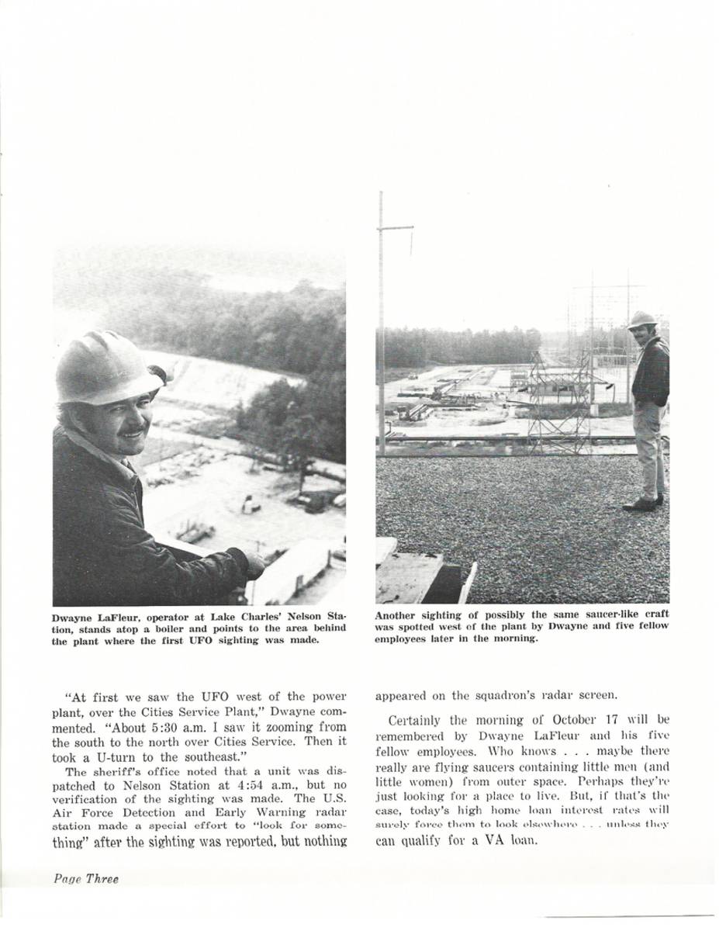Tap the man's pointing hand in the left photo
click(x=253, y=564)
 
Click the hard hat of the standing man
click(x=642, y=320)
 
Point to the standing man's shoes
click(x=643, y=504)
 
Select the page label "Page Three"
click(x=86, y=879)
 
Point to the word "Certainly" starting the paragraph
click(x=420, y=719)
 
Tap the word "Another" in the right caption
click(x=397, y=614)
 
